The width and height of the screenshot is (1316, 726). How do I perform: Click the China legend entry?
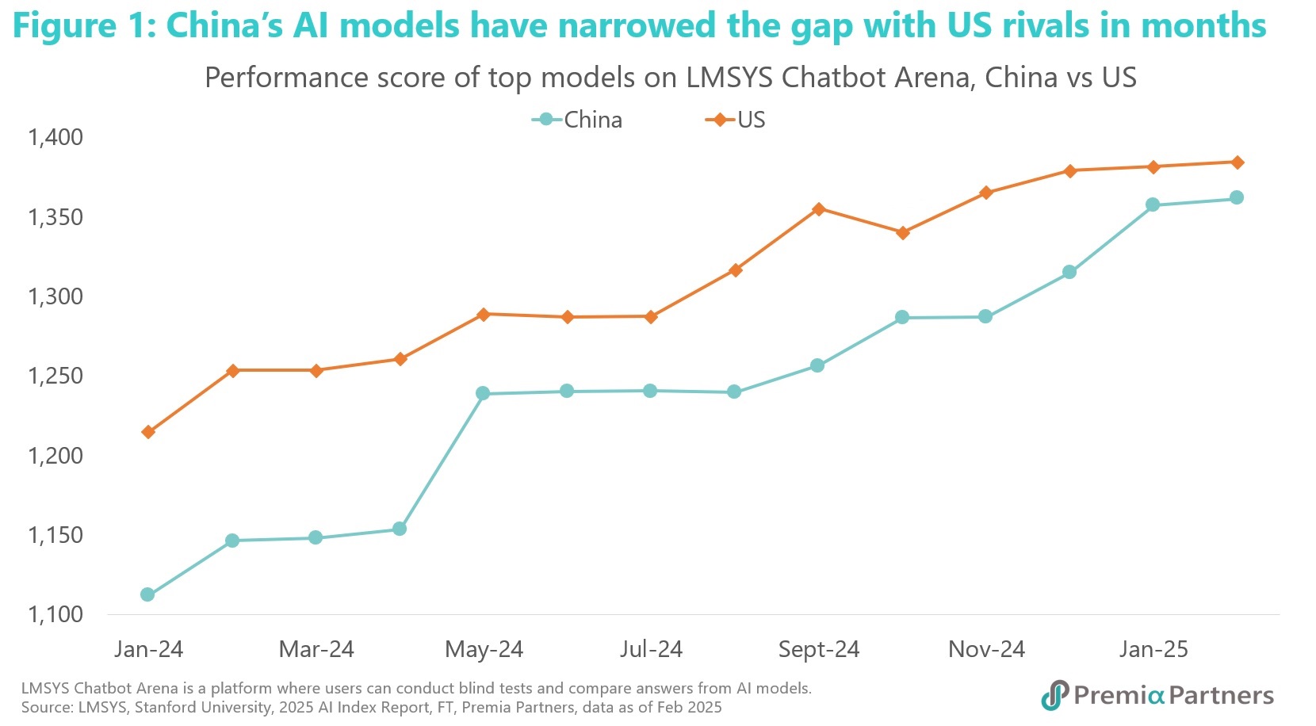(x=578, y=120)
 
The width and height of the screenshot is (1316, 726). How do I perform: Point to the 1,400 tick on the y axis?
(x=55, y=137)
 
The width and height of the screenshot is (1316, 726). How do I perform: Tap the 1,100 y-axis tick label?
(x=55, y=614)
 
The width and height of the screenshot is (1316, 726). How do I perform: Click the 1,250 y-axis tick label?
(x=55, y=376)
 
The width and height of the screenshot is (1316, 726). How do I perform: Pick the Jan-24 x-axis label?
(x=148, y=649)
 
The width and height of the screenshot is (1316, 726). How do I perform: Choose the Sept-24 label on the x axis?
(x=818, y=649)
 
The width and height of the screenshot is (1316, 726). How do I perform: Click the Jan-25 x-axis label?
(x=1153, y=649)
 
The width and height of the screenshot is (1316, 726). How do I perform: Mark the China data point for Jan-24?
(x=147, y=594)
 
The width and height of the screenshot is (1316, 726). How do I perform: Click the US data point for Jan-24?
(x=148, y=432)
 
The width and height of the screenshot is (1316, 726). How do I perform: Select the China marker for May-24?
(x=483, y=393)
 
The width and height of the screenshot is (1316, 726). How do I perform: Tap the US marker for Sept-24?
(x=819, y=209)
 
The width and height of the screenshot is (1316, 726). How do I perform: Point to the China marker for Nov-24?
(x=985, y=317)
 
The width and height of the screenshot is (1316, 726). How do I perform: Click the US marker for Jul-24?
(x=651, y=317)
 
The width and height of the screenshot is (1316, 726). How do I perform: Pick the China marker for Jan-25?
(x=1153, y=204)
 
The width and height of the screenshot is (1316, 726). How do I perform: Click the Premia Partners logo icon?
(x=1055, y=695)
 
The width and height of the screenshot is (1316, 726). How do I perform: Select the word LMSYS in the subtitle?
(x=729, y=78)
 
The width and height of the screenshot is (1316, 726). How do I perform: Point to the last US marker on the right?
(x=1237, y=162)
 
